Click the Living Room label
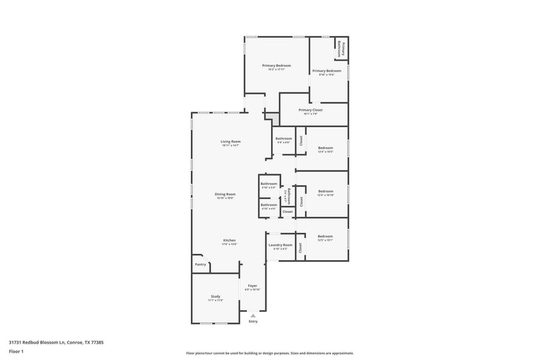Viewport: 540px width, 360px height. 231,142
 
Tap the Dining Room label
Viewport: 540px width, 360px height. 225,194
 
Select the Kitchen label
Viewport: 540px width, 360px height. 230,240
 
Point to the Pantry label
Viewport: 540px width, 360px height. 200,264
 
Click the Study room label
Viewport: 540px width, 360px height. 215,296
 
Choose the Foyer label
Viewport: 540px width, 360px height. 253,286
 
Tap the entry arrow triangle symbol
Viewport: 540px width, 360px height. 253,315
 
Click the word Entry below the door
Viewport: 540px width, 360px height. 253,322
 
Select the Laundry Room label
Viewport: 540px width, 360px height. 280,245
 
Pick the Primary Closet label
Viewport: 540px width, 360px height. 310,110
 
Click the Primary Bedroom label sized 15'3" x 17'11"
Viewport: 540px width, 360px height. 277,65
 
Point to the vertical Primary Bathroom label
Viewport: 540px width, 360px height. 340,49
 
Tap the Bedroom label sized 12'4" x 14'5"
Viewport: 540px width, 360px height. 325,148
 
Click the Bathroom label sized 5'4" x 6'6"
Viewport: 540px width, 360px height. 283,139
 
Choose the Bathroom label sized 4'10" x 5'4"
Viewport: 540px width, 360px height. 268,184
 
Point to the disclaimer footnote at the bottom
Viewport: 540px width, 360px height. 269,353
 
